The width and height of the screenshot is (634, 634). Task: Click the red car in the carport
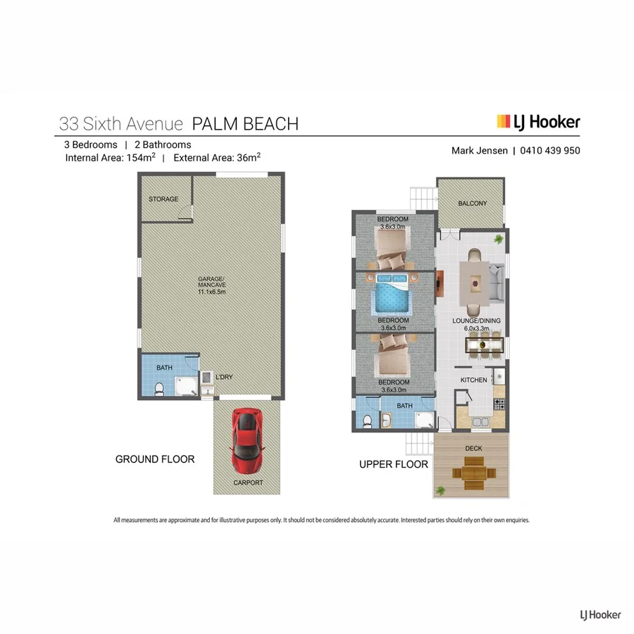247,441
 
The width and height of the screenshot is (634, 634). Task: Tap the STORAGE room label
163,199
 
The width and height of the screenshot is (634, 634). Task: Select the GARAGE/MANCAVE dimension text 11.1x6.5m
211,292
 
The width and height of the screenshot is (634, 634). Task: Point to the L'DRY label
224,378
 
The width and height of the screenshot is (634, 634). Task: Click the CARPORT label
248,483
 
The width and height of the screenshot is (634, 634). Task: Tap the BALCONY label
472,204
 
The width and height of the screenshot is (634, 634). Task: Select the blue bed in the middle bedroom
392,298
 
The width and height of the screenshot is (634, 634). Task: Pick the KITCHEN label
473,380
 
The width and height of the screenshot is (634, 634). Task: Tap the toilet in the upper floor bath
366,421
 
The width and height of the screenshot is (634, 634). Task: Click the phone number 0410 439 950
551,151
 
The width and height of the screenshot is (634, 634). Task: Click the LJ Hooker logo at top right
539,122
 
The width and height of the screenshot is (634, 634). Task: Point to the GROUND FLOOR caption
155,459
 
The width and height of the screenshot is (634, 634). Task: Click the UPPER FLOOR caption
393,464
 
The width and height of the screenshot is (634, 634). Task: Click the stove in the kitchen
499,404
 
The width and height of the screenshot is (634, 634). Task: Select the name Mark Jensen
479,151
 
